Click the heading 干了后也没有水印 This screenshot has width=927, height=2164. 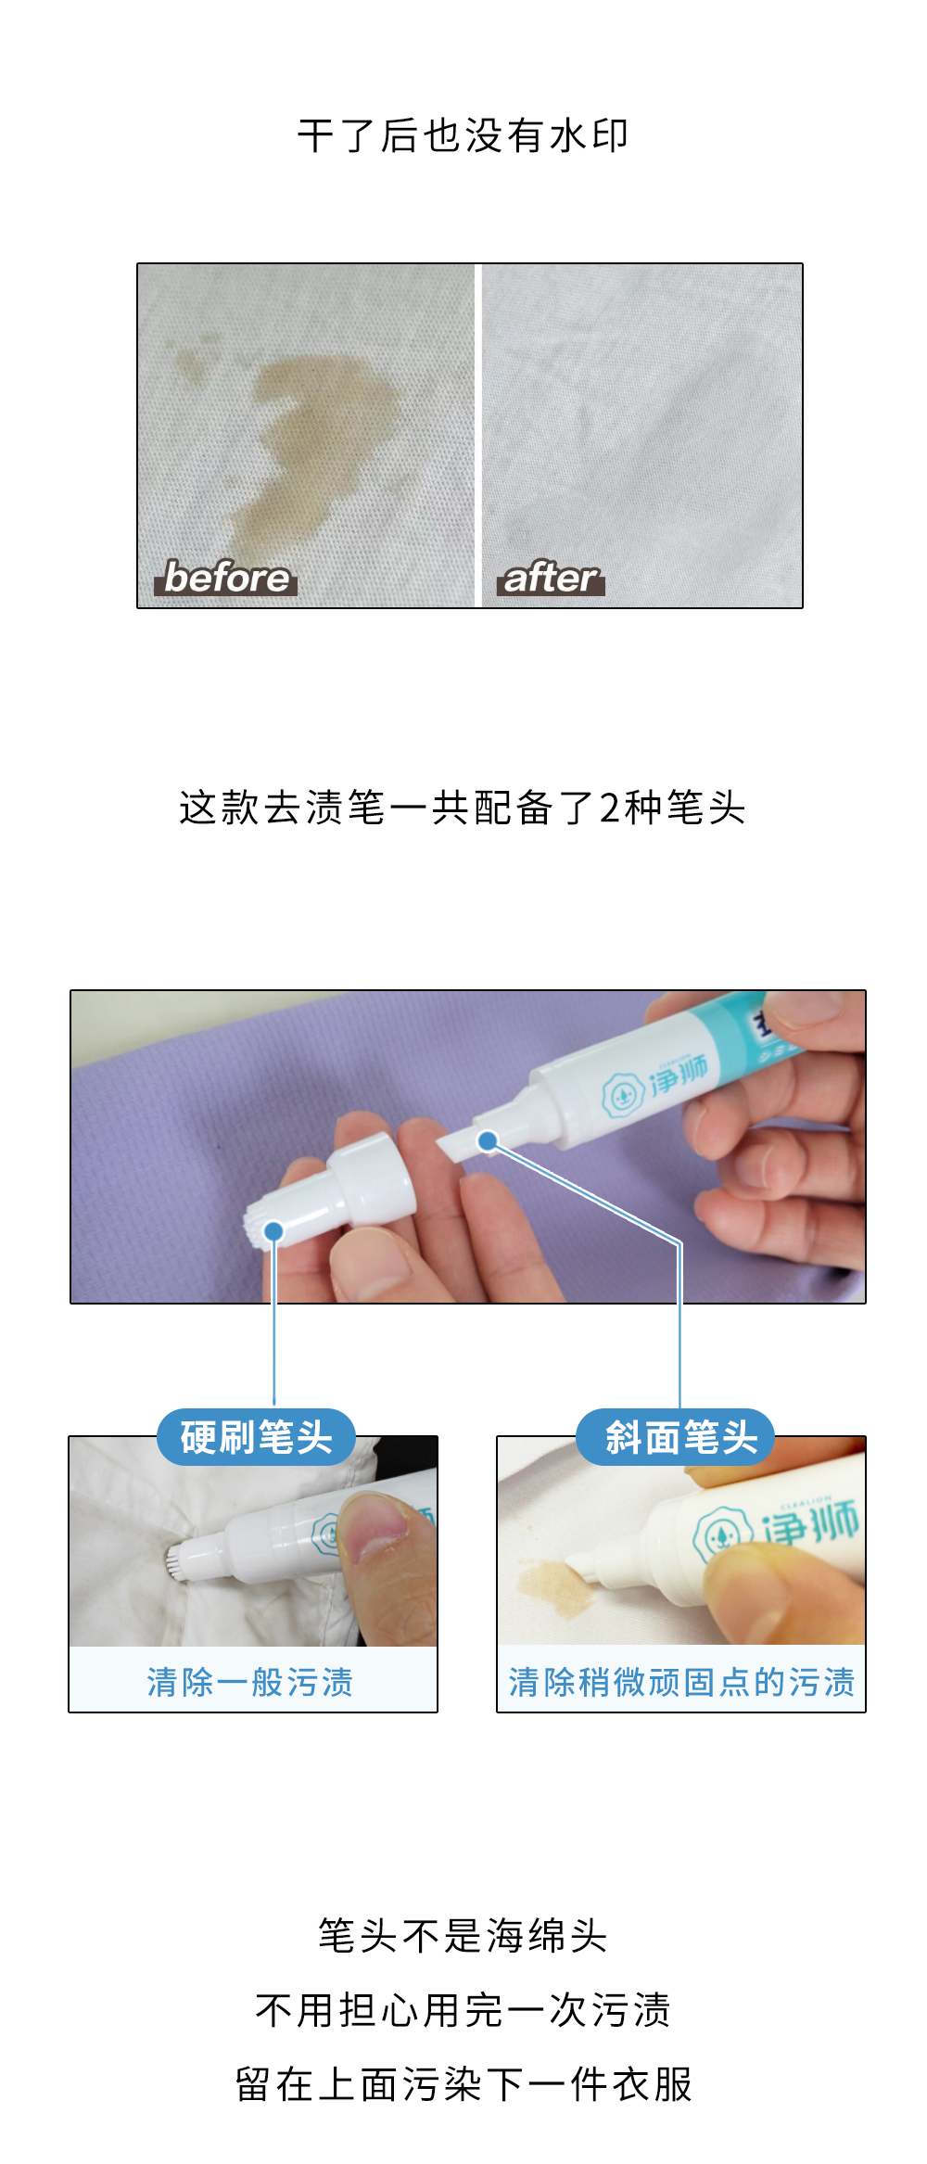click(x=463, y=135)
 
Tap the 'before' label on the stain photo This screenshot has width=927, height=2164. click(x=225, y=577)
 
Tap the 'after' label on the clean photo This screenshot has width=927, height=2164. click(x=551, y=578)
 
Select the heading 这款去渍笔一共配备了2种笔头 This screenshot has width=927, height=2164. click(x=463, y=807)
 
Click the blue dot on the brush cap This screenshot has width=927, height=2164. click(x=273, y=1230)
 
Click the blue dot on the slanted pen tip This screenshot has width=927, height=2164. click(x=488, y=1140)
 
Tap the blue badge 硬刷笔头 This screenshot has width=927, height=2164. click(x=256, y=1437)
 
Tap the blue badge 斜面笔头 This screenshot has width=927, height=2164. click(x=676, y=1437)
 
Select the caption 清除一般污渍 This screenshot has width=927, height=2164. click(x=250, y=1682)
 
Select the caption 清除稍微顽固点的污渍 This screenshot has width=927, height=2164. click(x=681, y=1682)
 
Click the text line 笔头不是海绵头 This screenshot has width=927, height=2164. click(x=463, y=1936)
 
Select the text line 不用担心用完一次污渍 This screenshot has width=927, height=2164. click(x=463, y=2010)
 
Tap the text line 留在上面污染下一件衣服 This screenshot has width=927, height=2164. click(x=463, y=2084)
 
